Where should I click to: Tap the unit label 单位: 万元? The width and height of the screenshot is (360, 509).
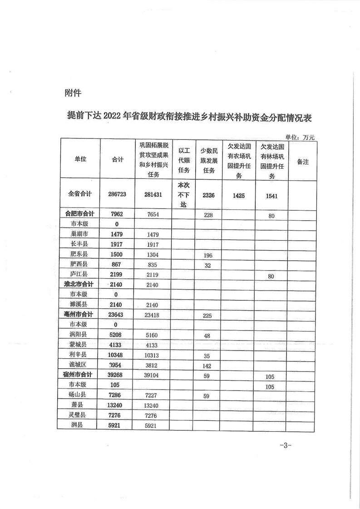[300, 136]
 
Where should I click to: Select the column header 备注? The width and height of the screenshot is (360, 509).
[302, 161]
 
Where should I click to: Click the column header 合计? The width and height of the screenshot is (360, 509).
[118, 159]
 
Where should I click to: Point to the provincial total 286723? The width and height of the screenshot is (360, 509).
[117, 194]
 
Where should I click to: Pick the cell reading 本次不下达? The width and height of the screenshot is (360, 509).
[183, 195]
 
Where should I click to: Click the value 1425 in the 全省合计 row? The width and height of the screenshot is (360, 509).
[238, 196]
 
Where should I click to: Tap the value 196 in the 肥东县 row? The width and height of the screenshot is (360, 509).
[208, 254]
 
